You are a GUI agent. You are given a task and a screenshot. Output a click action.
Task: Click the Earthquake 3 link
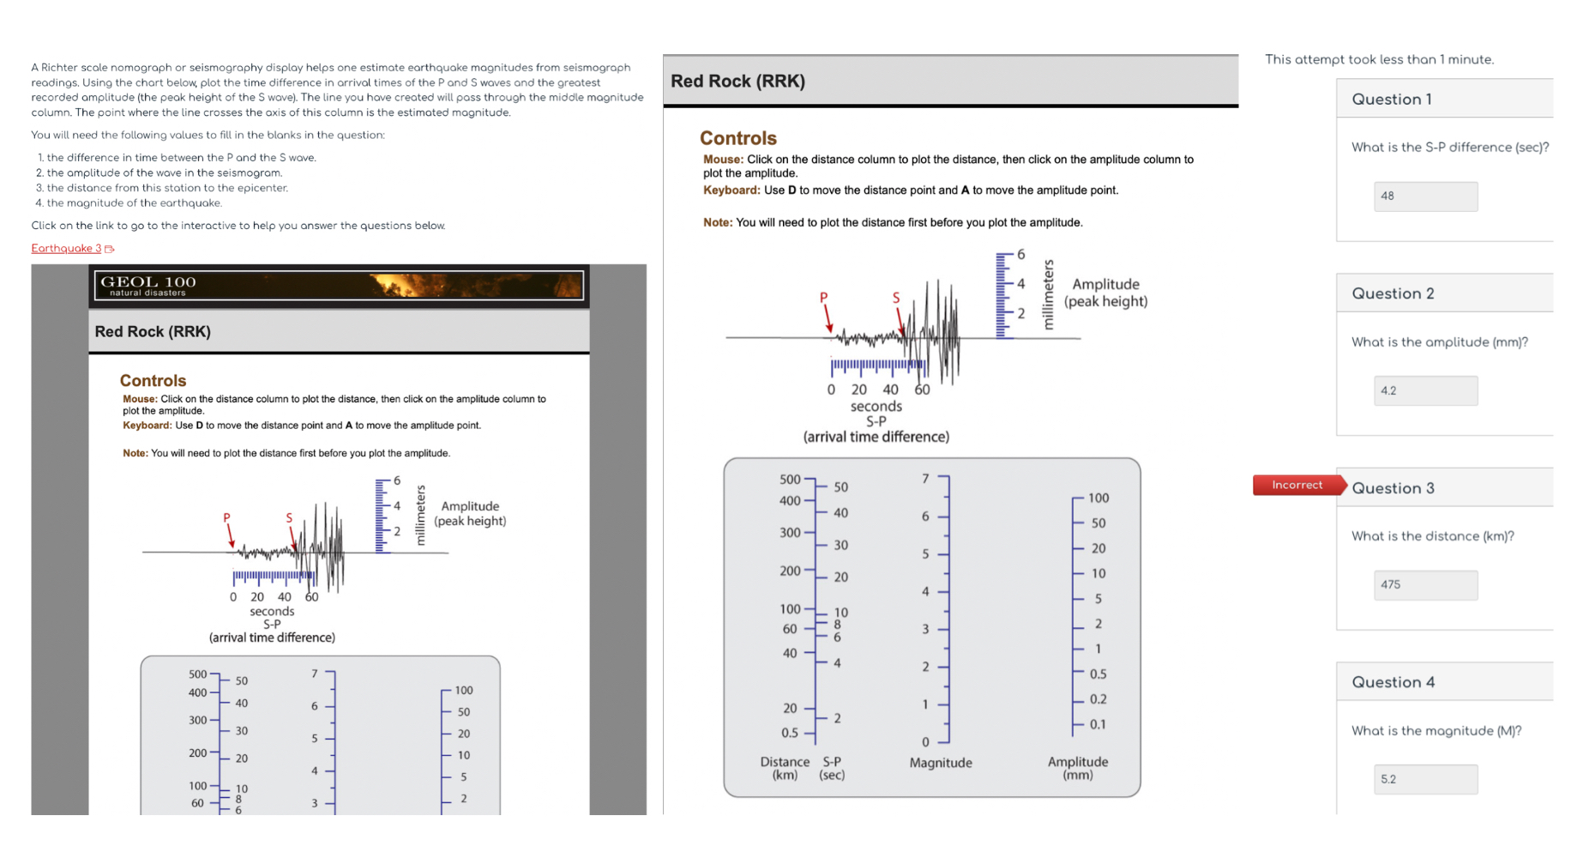click(x=66, y=249)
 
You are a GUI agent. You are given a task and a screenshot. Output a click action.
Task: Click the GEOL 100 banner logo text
click(x=147, y=282)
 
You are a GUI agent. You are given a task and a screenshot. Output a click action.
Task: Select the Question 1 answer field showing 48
click(x=1424, y=196)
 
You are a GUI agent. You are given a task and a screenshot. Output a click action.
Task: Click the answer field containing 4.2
click(x=1424, y=391)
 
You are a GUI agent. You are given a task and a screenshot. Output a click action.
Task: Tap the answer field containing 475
click(x=1424, y=585)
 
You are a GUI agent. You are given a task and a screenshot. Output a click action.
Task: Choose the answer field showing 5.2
click(x=1424, y=779)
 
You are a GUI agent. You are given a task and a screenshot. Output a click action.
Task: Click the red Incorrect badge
click(x=1297, y=486)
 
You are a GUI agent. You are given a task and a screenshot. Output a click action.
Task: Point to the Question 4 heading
click(x=1393, y=682)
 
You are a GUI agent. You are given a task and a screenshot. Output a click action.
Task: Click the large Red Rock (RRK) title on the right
click(x=737, y=82)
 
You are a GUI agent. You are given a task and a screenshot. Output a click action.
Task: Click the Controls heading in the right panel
click(x=737, y=138)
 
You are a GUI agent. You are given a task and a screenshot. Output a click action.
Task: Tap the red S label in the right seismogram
click(x=896, y=298)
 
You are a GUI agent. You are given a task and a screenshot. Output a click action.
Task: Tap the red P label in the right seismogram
click(x=823, y=298)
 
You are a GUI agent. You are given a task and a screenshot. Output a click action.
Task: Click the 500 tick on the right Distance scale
click(x=790, y=480)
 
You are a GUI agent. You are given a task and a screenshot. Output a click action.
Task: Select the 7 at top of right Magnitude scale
click(x=925, y=479)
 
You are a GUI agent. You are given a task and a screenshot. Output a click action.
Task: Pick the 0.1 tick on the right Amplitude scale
click(x=1098, y=724)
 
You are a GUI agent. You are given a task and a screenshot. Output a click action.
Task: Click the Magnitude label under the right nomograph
click(x=941, y=763)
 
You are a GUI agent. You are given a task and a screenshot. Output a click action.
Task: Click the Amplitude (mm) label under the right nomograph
click(x=1078, y=768)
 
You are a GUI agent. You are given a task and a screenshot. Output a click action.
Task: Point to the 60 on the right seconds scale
click(x=922, y=390)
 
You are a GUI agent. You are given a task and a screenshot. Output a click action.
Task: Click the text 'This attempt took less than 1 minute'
click(x=1379, y=59)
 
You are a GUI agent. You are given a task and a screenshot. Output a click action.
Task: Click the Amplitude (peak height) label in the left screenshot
click(x=470, y=513)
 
